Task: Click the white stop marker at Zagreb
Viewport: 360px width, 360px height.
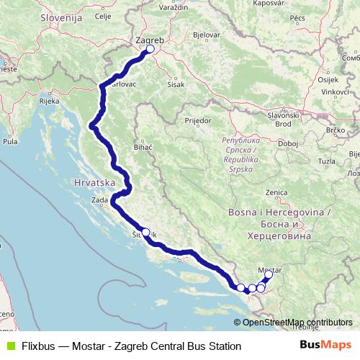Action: (150, 50)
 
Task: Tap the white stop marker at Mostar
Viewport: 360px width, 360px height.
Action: (269, 274)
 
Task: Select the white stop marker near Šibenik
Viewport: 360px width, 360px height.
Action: (145, 232)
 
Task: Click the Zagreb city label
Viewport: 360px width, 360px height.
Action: (150, 42)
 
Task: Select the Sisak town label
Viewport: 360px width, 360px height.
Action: (175, 83)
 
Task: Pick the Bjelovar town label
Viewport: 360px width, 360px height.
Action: (207, 35)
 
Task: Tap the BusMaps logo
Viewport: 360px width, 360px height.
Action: (325, 345)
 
